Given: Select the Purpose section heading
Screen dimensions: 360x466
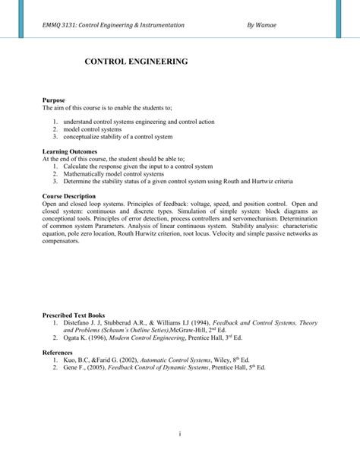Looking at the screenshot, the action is point(54,100).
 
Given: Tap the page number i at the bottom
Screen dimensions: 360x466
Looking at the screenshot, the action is point(179,433).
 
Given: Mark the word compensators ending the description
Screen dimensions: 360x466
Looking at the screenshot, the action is point(61,241).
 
